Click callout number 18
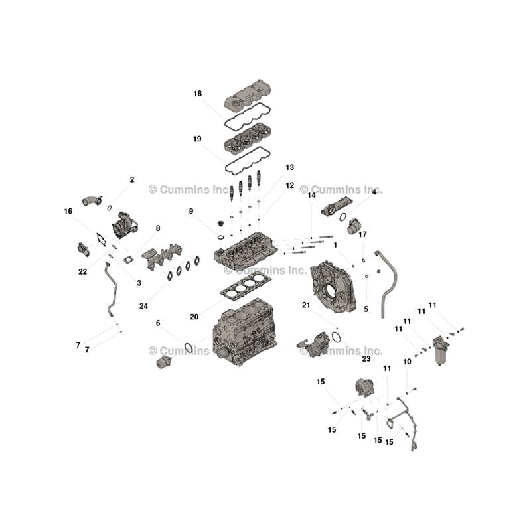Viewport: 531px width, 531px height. [198, 94]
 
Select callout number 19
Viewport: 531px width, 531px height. [197, 139]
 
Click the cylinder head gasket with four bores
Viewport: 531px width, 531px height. [246, 286]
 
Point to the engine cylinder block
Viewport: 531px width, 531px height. [245, 332]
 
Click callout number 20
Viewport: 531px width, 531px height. [194, 317]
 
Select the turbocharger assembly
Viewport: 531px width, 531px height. [125, 225]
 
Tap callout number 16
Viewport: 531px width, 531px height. [68, 211]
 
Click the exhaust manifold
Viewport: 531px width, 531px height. [162, 256]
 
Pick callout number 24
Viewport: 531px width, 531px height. [143, 306]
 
